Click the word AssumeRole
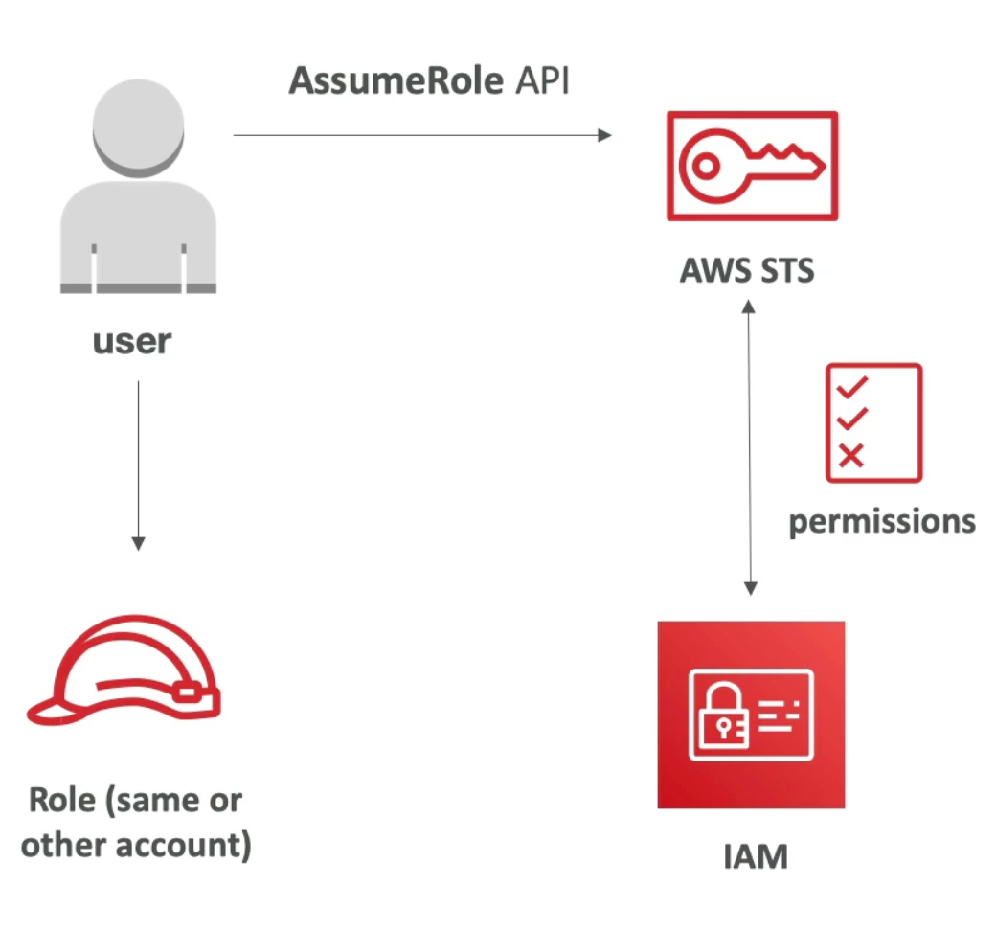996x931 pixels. (396, 80)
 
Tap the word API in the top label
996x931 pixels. (542, 80)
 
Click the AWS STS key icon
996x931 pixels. (752, 166)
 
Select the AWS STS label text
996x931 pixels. (747, 270)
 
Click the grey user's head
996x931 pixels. (139, 127)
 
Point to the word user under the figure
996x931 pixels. (132, 342)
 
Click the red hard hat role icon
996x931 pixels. (124, 669)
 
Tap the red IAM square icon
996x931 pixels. (751, 715)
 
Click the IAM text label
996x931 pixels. (756, 856)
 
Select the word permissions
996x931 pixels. (882, 522)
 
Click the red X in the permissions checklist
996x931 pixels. (851, 456)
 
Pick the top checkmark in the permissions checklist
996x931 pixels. (852, 387)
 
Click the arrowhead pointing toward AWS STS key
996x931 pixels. (604, 135)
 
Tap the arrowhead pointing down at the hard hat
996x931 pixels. (139, 543)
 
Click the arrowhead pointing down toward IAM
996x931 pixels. (750, 588)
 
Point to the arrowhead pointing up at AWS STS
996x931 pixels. (749, 307)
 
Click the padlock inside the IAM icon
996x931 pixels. (723, 715)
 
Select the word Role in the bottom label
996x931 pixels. (62, 800)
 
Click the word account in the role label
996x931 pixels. (184, 845)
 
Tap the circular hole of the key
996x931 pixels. (705, 166)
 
